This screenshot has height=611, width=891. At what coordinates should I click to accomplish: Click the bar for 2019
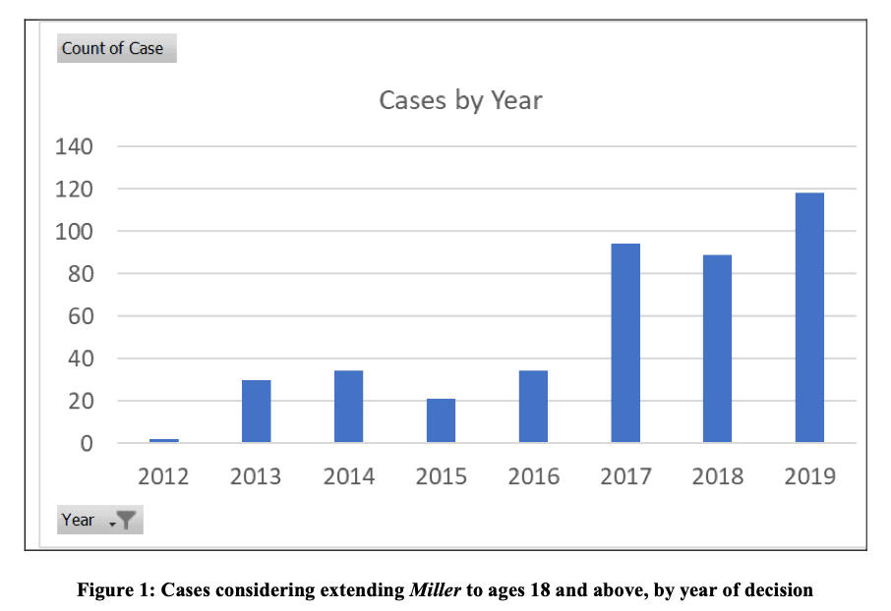(809, 317)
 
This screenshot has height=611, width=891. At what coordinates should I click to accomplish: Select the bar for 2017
(625, 343)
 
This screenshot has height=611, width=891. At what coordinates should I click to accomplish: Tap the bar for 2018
(717, 349)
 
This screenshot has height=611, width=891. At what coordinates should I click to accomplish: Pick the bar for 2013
(256, 412)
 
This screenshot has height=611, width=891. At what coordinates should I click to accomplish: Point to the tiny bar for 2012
(163, 441)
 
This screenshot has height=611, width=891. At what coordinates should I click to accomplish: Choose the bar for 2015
(441, 420)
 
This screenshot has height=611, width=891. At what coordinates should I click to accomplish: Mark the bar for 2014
(348, 407)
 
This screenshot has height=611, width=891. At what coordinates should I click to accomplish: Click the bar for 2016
(533, 407)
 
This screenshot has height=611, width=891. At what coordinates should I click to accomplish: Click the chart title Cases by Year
(460, 100)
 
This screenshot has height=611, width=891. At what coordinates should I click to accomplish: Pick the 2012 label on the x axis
(163, 476)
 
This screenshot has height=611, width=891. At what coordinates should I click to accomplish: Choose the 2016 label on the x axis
(533, 476)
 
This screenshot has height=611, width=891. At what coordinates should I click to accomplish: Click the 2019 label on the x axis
(809, 476)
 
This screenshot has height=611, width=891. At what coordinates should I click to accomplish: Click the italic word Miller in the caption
(435, 590)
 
